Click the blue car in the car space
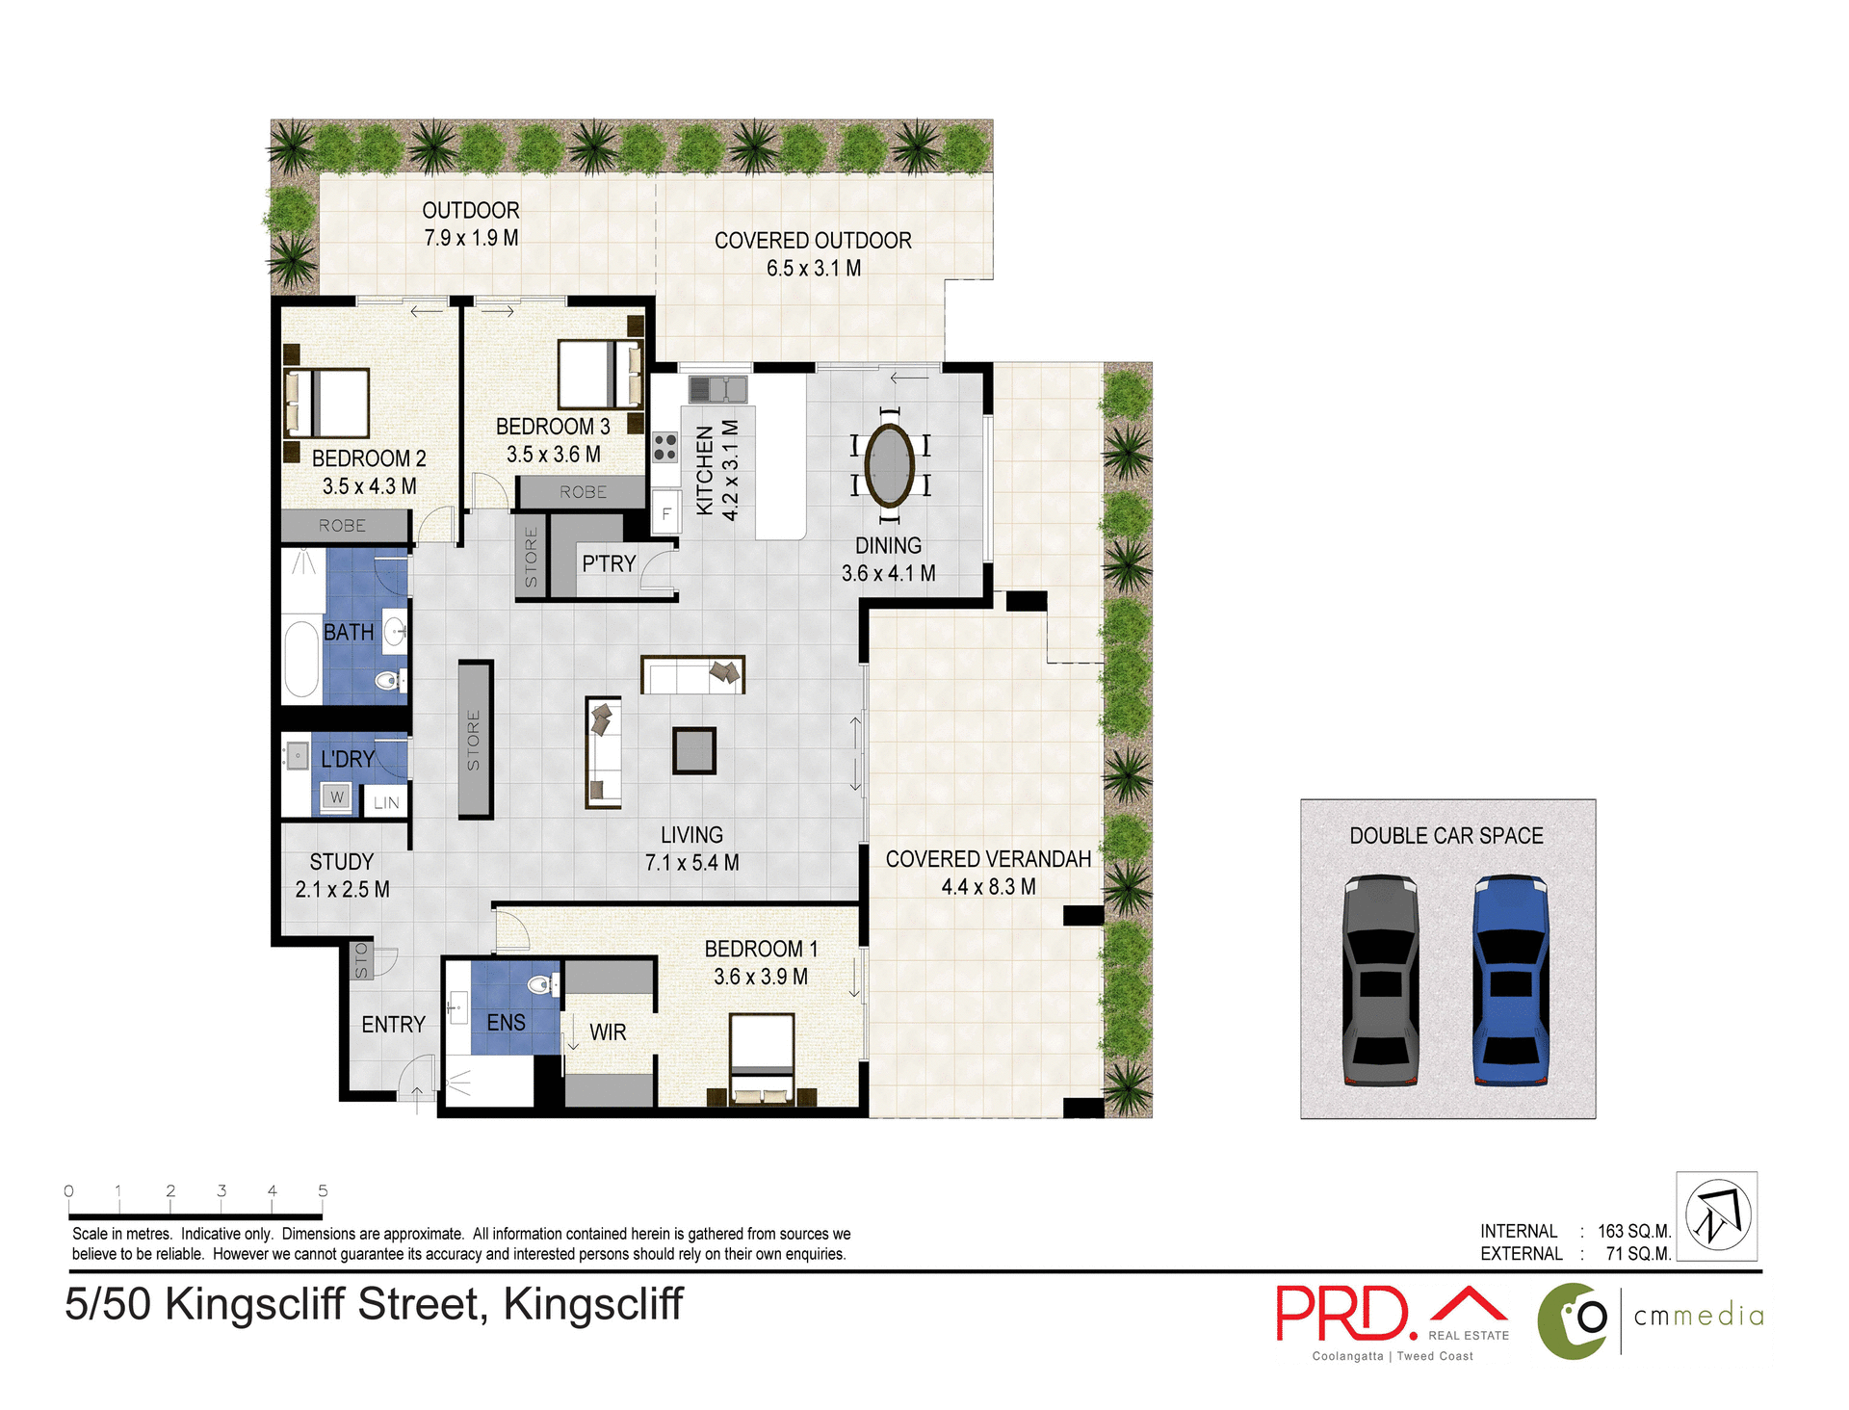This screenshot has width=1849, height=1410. (1511, 980)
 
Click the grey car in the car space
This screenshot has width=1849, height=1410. (1380, 980)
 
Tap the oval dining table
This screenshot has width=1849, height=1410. (890, 465)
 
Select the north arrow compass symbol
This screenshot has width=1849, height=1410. (1717, 1215)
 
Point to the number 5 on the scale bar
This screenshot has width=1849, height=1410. (323, 1191)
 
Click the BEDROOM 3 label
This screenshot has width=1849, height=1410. (553, 427)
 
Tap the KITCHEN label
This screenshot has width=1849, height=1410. (705, 470)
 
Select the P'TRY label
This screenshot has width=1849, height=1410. (609, 564)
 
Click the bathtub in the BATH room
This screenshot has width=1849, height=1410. (301, 659)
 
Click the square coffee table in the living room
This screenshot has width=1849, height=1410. (693, 750)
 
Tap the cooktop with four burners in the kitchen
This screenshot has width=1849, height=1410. (664, 447)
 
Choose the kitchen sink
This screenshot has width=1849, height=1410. (718, 389)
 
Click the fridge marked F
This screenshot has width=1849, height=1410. (665, 513)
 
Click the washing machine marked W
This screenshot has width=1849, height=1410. (336, 797)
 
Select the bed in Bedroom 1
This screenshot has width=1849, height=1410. (762, 1057)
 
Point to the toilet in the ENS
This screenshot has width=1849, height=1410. (541, 984)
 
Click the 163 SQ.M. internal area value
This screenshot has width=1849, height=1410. (1634, 1232)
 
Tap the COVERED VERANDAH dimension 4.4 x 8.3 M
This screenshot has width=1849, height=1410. (988, 887)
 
